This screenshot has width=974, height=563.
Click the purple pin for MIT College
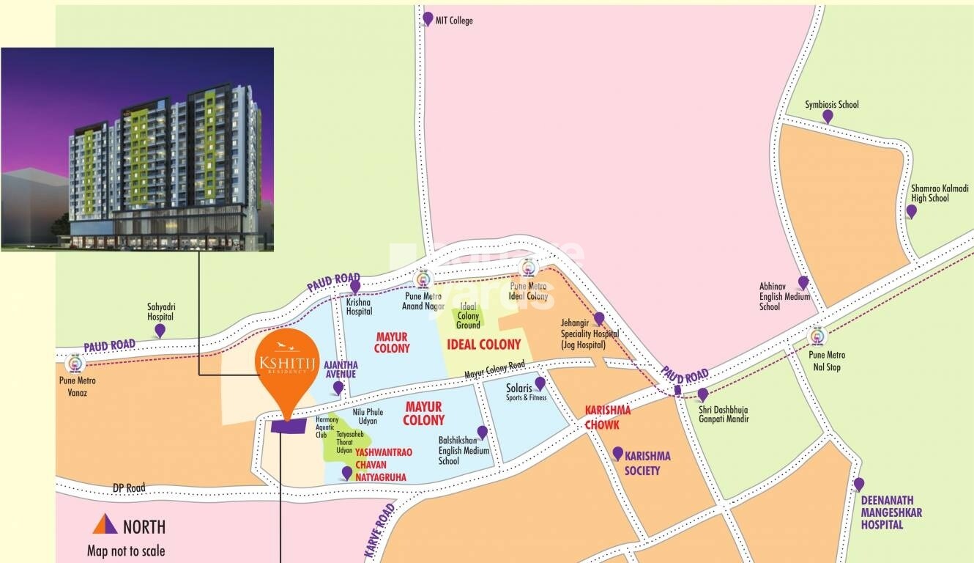click(x=428, y=18)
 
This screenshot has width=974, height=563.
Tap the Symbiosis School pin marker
click(x=828, y=117)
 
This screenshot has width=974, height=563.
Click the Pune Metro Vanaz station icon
click(x=74, y=363)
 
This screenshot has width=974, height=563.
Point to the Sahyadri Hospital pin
click(x=160, y=331)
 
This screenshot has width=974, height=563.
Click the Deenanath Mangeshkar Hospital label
click(x=891, y=512)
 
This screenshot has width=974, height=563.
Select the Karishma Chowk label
click(x=607, y=417)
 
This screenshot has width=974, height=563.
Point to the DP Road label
click(x=129, y=487)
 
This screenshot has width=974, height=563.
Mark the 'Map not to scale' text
click(x=126, y=551)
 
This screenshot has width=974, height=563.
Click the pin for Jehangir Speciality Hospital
click(x=598, y=318)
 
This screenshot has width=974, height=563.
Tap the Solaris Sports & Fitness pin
click(x=540, y=383)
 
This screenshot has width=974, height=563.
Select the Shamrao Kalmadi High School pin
click(x=911, y=211)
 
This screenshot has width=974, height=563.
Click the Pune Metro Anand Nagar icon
click(x=423, y=279)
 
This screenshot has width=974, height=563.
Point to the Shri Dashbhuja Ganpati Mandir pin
click(x=702, y=394)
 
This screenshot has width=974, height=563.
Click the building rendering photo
click(x=137, y=150)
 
